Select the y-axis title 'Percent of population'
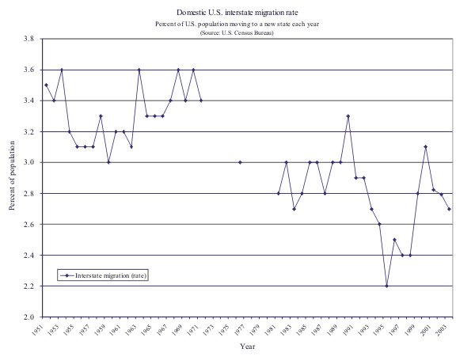click(x=13, y=177)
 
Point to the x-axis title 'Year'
click(x=248, y=346)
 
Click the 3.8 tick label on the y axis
click(x=27, y=39)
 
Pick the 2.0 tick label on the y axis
click(x=27, y=316)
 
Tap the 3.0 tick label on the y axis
click(x=27, y=162)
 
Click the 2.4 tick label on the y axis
click(x=27, y=255)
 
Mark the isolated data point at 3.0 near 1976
click(x=240, y=162)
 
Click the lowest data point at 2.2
click(x=387, y=286)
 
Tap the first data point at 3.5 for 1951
click(x=46, y=85)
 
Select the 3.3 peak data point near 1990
click(x=348, y=116)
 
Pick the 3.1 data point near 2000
click(x=426, y=146)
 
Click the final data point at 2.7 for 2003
click(x=449, y=209)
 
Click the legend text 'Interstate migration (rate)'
click(x=111, y=275)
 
